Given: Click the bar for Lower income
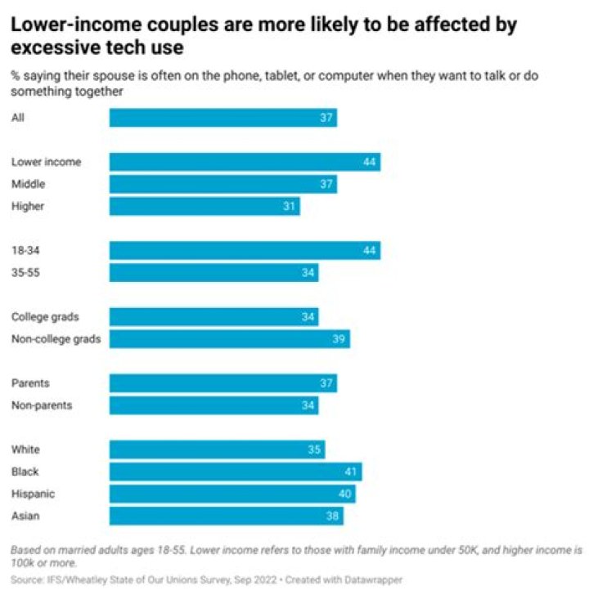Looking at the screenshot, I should click(245, 162).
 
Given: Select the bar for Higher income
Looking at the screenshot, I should click(205, 206).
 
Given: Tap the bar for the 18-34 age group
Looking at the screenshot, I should click(245, 250).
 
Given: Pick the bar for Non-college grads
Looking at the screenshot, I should click(230, 338).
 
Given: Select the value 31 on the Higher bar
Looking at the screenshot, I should click(289, 206).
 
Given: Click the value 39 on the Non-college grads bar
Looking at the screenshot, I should click(339, 338).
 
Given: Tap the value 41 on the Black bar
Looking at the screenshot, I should click(351, 472).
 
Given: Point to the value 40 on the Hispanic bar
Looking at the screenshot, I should click(344, 494).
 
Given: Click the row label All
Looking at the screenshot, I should click(18, 118).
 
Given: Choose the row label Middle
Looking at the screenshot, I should click(28, 184).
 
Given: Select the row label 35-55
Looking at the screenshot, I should click(25, 272).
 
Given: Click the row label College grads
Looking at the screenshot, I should click(45, 316).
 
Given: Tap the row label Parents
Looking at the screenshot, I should click(30, 382).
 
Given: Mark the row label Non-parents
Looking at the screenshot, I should click(42, 405).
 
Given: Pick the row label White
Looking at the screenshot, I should click(25, 450).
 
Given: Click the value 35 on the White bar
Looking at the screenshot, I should click(314, 450).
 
